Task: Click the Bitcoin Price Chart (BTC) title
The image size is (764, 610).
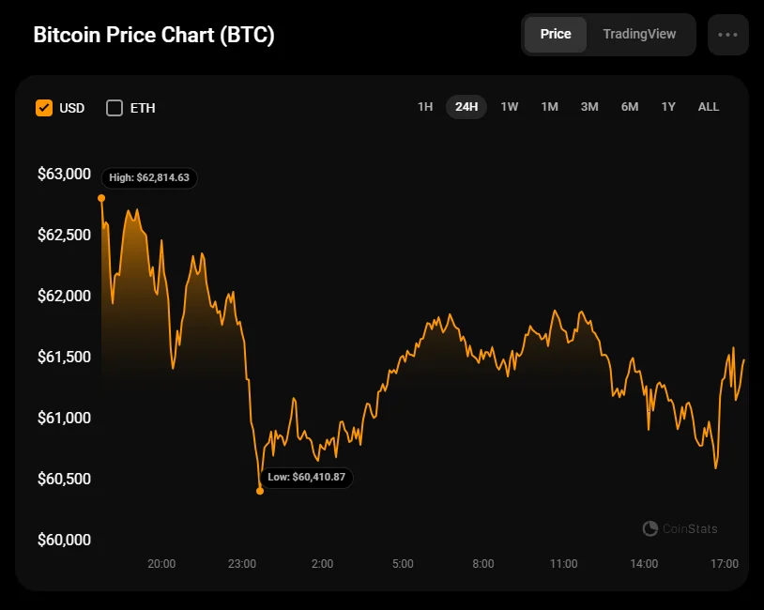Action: [154, 35]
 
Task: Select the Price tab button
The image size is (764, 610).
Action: [556, 34]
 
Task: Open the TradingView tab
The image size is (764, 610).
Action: [639, 34]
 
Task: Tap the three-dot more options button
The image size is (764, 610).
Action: [728, 35]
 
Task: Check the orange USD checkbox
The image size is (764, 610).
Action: [44, 108]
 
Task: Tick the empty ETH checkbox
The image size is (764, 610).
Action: [115, 108]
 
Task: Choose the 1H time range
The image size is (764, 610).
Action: [425, 107]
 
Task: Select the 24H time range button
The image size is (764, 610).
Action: [466, 107]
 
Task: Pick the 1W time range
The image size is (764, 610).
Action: [510, 107]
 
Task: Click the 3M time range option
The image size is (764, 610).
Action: [589, 107]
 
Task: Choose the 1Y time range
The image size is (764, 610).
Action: [668, 107]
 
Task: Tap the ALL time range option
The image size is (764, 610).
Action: [709, 107]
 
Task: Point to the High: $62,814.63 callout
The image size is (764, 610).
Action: [149, 177]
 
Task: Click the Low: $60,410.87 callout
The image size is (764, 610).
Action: [306, 477]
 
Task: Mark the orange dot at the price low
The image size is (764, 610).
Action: [260, 491]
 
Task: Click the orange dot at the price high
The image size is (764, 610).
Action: [101, 198]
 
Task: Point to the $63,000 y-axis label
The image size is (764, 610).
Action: [64, 174]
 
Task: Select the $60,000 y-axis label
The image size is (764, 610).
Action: [64, 540]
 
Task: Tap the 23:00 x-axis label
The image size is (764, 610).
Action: [242, 564]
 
